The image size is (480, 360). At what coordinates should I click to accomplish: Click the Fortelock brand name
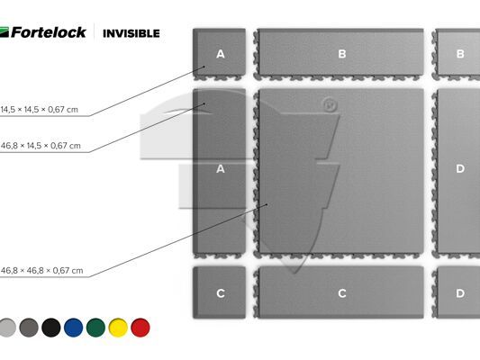49,32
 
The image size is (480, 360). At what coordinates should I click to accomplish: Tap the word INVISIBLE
131,33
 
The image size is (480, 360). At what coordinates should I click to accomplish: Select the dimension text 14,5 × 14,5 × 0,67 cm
40,110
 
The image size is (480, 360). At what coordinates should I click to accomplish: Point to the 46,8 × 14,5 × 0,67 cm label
41,146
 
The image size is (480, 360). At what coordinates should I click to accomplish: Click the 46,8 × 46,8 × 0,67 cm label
41,270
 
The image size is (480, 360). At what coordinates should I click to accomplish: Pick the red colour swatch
140,328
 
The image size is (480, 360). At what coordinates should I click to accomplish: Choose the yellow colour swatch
118,328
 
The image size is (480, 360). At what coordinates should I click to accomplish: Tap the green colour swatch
95,328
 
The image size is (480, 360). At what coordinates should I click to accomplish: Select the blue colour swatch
74,328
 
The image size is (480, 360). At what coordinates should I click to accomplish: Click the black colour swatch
51,328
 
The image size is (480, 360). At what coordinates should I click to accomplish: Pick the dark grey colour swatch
29,328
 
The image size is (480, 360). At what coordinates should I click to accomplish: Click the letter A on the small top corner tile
221,54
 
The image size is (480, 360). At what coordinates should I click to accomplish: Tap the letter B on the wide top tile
342,54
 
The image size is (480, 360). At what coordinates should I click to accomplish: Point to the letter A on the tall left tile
221,169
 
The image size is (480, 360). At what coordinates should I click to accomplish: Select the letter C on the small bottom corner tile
221,293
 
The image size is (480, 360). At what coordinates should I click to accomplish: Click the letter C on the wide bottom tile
342,293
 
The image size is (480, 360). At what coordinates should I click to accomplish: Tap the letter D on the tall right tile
460,168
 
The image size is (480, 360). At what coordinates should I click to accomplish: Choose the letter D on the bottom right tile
460,293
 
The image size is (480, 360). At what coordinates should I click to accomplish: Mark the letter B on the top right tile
460,54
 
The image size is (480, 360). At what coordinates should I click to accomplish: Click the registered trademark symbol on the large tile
330,105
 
